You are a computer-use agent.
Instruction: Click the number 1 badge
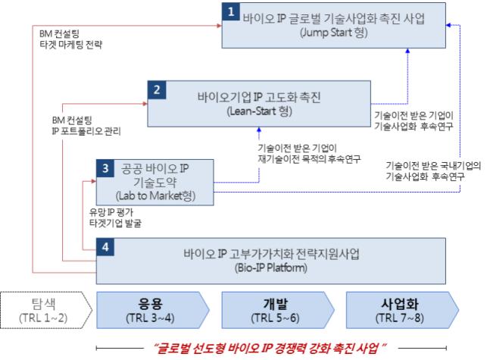pyautogui.click(x=231, y=12)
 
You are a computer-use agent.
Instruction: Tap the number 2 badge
pyautogui.click(x=157, y=90)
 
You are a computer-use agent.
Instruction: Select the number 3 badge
pyautogui.click(x=105, y=168)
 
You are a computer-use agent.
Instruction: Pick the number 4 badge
pyautogui.click(x=105, y=247)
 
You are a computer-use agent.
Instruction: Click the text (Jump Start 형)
pyautogui.click(x=334, y=33)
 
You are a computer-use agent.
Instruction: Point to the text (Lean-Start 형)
pyautogui.click(x=259, y=111)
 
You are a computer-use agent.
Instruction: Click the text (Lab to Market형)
pyautogui.click(x=155, y=196)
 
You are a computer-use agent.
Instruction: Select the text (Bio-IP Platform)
pyautogui.click(x=271, y=268)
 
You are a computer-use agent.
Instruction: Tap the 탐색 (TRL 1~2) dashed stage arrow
pyautogui.click(x=46, y=310)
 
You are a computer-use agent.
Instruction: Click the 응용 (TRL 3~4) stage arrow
pyautogui.click(x=153, y=310)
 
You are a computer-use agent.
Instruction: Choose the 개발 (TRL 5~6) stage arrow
pyautogui.click(x=278, y=310)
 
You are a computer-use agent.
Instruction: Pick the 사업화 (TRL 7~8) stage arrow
pyautogui.click(x=402, y=310)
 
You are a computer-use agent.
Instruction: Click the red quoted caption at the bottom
pyautogui.click(x=270, y=348)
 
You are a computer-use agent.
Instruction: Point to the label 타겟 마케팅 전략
pyautogui.click(x=70, y=45)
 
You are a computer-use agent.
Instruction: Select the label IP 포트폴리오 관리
pyautogui.click(x=86, y=131)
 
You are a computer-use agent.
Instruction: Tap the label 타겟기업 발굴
pyautogui.click(x=115, y=224)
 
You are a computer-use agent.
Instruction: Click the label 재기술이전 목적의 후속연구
pyautogui.click(x=309, y=159)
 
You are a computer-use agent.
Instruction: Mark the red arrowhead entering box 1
pyautogui.click(x=220, y=26)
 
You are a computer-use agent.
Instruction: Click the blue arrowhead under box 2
pyautogui.click(x=259, y=130)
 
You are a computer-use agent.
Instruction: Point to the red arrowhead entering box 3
pyautogui.click(x=94, y=181)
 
